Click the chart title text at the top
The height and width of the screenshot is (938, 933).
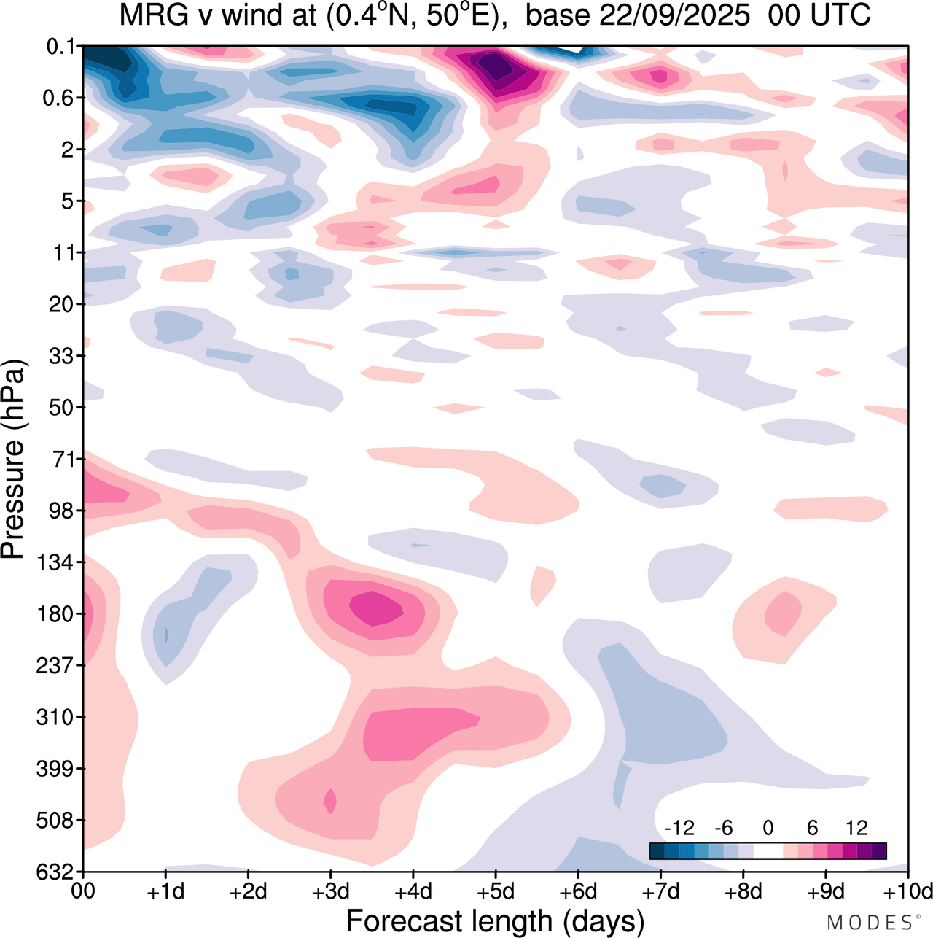click(x=495, y=16)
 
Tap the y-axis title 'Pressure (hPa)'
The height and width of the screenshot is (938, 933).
click(x=14, y=460)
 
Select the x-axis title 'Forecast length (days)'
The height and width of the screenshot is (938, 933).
click(x=495, y=920)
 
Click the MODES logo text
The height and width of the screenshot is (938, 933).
click(x=869, y=923)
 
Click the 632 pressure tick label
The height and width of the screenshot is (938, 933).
click(x=57, y=872)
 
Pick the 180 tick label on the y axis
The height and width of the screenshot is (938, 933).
click(x=57, y=614)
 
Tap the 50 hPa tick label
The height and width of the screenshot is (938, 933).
click(x=62, y=407)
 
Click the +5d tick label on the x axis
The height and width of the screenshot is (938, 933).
click(x=495, y=892)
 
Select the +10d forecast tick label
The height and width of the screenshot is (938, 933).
click(x=907, y=892)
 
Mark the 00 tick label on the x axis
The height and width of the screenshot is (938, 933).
click(x=83, y=892)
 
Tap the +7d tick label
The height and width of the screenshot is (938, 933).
click(x=660, y=892)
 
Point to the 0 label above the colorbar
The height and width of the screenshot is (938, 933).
click(x=768, y=828)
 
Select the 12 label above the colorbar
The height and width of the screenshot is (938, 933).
click(x=856, y=828)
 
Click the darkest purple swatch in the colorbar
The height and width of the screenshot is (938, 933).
click(x=879, y=850)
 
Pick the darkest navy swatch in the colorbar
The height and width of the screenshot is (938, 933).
click(x=657, y=850)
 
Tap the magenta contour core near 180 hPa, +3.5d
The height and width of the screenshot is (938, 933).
click(x=376, y=608)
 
